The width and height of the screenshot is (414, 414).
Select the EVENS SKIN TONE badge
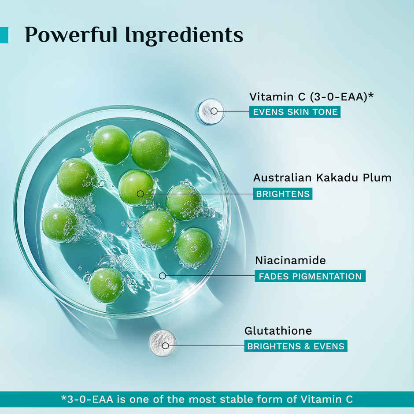tap(295, 112)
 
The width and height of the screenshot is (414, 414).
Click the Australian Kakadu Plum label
tap(322, 178)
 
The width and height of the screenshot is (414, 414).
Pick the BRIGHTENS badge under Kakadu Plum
tap(282, 194)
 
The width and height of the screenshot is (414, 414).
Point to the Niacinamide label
tap(290, 260)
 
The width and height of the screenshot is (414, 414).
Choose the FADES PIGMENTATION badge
tap(310, 277)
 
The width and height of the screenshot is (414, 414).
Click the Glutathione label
tap(278, 331)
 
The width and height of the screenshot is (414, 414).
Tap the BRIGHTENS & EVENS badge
tap(296, 346)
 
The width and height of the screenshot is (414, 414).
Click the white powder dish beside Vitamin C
tap(210, 111)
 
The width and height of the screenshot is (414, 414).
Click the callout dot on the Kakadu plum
tap(140, 194)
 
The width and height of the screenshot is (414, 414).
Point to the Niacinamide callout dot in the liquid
tap(162, 276)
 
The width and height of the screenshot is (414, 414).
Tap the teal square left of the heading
tap(4, 35)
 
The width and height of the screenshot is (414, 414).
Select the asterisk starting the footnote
tap(63, 399)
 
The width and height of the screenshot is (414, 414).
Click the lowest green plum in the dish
tap(107, 285)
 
